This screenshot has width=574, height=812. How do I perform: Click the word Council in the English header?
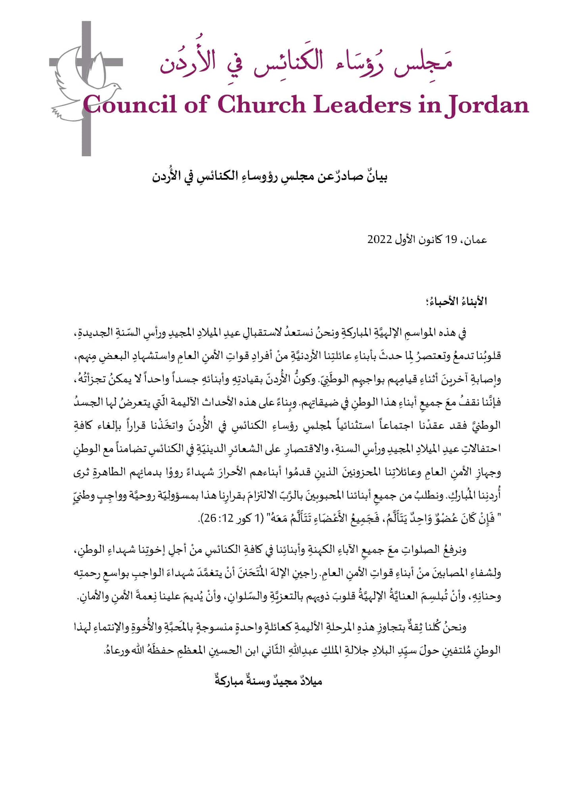pos(130,105)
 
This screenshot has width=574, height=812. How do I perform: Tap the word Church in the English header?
pos(262,105)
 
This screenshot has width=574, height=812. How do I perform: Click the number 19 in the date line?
pos(451,240)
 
